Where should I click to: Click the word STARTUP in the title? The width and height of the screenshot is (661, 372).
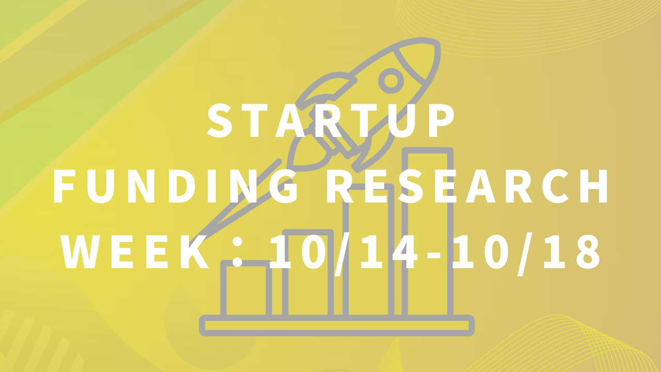pyautogui.click(x=330, y=121)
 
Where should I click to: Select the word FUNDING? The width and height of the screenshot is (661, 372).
pyautogui.click(x=176, y=187)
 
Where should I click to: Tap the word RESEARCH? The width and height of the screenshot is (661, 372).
pyautogui.click(x=467, y=187)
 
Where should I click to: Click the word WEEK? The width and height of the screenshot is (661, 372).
pyautogui.click(x=135, y=252)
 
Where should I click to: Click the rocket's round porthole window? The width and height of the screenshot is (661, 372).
pyautogui.click(x=391, y=81)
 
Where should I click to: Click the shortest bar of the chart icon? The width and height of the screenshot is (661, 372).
pyautogui.click(x=246, y=289)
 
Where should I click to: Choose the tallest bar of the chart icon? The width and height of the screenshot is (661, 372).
pyautogui.click(x=428, y=233)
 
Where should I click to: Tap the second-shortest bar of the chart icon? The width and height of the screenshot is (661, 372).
pyautogui.click(x=308, y=273)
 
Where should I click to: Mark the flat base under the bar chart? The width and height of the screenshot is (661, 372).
pyautogui.click(x=337, y=326)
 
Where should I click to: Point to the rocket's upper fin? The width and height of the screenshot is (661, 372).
pyautogui.click(x=326, y=88)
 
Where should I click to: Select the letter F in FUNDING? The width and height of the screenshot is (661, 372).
pyautogui.click(x=63, y=187)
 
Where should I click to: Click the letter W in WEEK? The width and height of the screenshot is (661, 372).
pyautogui.click(x=81, y=252)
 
